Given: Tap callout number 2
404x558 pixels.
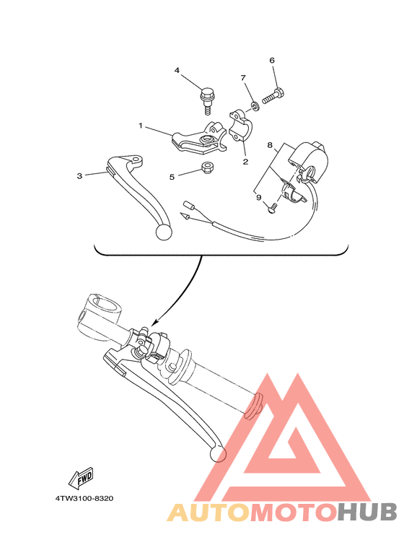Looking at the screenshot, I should [x=245, y=162].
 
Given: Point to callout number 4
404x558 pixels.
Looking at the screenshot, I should [x=176, y=70].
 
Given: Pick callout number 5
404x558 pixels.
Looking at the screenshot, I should [x=172, y=176].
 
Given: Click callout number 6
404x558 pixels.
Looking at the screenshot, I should [x=272, y=61].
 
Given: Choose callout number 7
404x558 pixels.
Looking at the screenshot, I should [x=243, y=77].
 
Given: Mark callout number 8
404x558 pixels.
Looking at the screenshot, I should [x=270, y=145].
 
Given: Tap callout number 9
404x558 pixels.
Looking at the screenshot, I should [x=258, y=196].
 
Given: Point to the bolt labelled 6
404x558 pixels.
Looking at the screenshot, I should [x=275, y=93].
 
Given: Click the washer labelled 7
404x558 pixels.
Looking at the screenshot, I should [x=255, y=108].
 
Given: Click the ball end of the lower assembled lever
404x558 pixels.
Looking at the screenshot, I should [x=218, y=453].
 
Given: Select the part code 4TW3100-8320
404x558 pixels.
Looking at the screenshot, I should [x=84, y=498].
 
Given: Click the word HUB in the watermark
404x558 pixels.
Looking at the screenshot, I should [x=367, y=513].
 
